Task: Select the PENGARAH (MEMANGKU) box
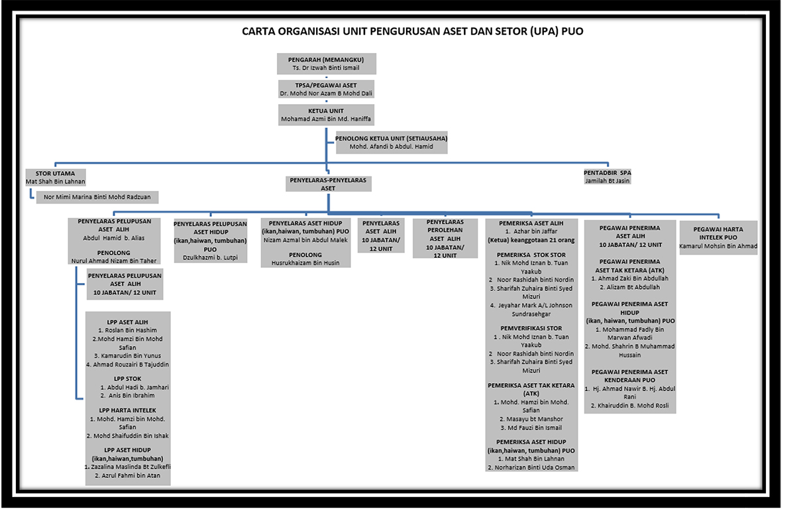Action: click(x=327, y=64)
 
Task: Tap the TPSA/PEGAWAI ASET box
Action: click(x=326, y=89)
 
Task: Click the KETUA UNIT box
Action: click(x=326, y=115)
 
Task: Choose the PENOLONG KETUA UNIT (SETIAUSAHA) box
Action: click(x=392, y=142)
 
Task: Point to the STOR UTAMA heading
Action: click(x=56, y=174)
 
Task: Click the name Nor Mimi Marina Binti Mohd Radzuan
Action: click(x=97, y=197)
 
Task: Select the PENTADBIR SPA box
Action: click(x=608, y=176)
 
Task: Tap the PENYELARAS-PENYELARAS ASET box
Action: click(x=329, y=184)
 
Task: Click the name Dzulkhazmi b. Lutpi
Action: click(x=210, y=258)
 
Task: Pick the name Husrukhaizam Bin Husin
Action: click(x=305, y=263)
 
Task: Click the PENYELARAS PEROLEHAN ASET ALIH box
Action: click(x=445, y=238)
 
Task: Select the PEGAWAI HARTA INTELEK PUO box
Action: click(x=718, y=237)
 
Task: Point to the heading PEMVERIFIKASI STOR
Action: click(x=531, y=328)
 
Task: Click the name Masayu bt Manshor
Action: click(x=531, y=420)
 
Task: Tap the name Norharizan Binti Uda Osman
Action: click(x=531, y=467)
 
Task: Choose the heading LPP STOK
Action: click(x=127, y=379)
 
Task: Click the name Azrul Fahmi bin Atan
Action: click(x=127, y=476)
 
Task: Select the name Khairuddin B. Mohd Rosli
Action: click(x=630, y=406)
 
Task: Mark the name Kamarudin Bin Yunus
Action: click(x=127, y=356)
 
